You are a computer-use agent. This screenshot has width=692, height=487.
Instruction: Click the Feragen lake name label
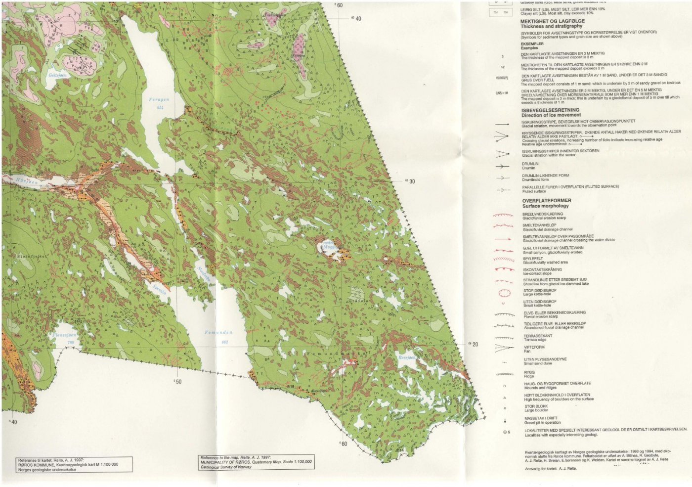click(x=159, y=100)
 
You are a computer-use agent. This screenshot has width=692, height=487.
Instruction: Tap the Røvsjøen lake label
click(x=407, y=357)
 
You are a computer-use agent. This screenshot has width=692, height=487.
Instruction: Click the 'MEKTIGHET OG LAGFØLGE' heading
click(x=552, y=21)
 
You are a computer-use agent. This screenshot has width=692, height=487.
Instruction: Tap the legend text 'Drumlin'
click(x=530, y=168)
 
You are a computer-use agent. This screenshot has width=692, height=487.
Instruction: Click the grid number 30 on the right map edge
click(x=412, y=181)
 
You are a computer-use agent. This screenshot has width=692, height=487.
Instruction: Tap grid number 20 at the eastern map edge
click(x=475, y=345)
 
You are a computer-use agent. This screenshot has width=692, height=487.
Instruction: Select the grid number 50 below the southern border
click(x=178, y=381)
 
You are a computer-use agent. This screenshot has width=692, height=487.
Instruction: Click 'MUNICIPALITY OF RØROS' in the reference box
click(x=231, y=461)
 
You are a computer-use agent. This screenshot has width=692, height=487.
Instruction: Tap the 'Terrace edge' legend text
click(x=534, y=340)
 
